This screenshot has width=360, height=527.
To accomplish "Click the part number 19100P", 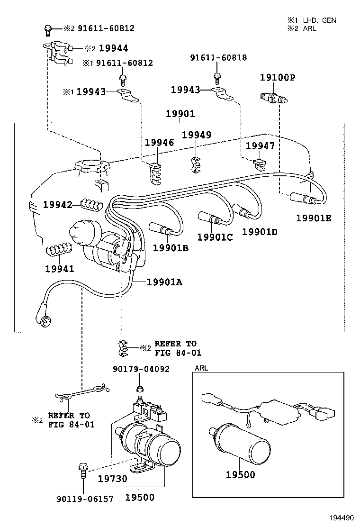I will click(x=278, y=77).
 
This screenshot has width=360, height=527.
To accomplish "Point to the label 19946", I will click(x=159, y=142).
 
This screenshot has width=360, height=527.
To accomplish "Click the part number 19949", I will click(x=197, y=135).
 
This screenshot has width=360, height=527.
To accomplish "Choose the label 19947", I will click(x=260, y=146).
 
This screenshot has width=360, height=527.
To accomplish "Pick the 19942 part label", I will click(x=58, y=205).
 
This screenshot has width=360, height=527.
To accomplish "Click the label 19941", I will click(x=60, y=269).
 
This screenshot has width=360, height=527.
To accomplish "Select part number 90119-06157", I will click(x=85, y=499).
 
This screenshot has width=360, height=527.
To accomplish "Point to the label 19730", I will click(x=113, y=479).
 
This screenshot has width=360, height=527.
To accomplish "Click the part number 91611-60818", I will click(x=218, y=58).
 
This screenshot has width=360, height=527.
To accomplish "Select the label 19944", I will click(x=113, y=48).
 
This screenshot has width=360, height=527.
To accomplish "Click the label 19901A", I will click(x=164, y=282).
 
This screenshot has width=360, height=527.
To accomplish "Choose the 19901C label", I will click(x=215, y=237).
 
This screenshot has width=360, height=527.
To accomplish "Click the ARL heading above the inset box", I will click(x=201, y=368).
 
